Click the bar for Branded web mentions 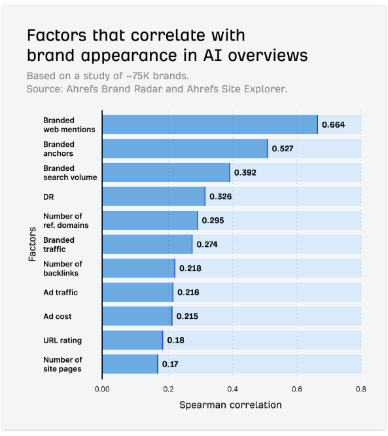coord(209,124)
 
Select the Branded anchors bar coord(185,149)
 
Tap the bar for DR coord(154,196)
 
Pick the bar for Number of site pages coord(130,364)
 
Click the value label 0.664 coord(332,124)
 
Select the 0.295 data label coord(213,221)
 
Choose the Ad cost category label coord(58,316)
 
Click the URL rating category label coord(63,340)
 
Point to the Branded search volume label coord(70,173)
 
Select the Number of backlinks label coord(63,268)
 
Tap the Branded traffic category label coord(59,244)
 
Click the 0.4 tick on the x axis coord(232,388)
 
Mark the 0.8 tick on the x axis coord(361,388)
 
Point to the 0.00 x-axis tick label coord(102,388)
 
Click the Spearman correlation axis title coord(230,405)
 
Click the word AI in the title coord(197,55)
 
